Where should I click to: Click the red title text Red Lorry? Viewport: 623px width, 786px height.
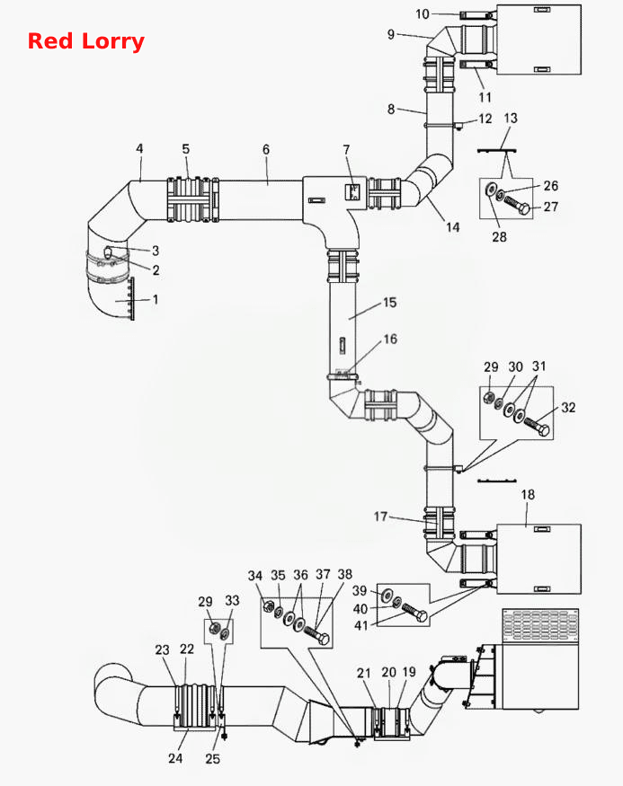[x=85, y=41]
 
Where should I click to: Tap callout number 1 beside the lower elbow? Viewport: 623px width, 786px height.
[x=156, y=299]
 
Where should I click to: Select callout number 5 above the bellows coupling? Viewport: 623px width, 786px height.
[x=186, y=149]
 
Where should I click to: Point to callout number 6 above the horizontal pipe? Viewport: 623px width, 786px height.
[x=266, y=149]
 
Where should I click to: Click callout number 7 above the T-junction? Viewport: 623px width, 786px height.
[x=347, y=149]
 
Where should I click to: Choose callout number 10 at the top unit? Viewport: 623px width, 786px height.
[x=423, y=14]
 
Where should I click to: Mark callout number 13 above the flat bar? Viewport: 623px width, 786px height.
[x=511, y=119]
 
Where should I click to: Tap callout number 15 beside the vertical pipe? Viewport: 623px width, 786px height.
[x=390, y=302]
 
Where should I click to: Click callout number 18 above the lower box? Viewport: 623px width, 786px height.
[x=528, y=495]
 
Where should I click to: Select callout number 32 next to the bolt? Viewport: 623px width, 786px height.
[x=568, y=408]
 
